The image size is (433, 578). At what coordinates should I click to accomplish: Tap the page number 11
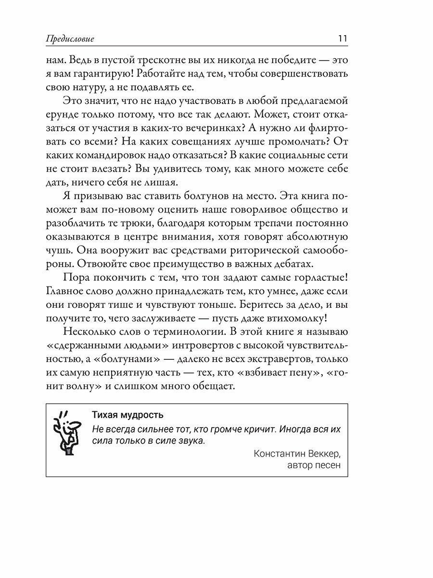point(343,39)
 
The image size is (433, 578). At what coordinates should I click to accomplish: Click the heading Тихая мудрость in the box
point(127,415)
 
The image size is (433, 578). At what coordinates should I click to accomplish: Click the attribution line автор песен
point(313,466)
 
